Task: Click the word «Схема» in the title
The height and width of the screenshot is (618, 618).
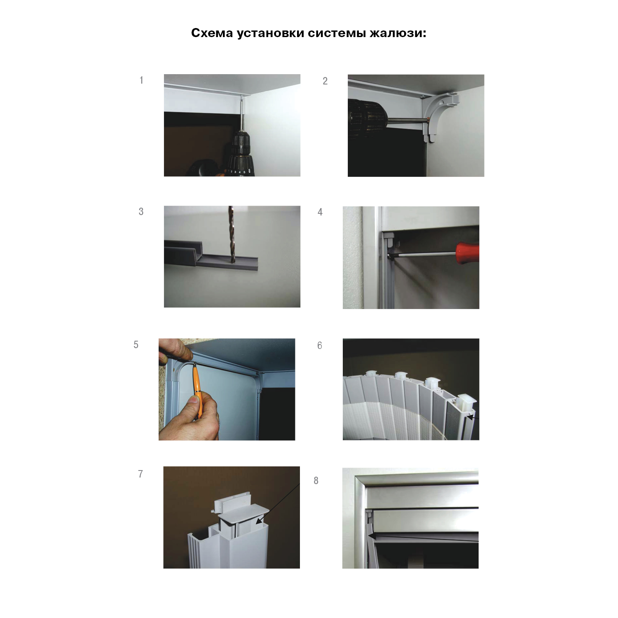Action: pos(212,33)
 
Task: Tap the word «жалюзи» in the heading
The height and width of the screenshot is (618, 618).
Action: pos(398,33)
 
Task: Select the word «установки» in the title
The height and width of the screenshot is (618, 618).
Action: pos(270,33)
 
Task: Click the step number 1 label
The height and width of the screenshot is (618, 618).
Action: pos(141,80)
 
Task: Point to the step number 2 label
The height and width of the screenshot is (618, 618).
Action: pos(325,81)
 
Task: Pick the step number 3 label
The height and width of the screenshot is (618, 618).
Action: pos(141,212)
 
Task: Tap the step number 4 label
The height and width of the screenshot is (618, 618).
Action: pos(320,212)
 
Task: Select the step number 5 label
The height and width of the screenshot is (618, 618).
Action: pos(136,345)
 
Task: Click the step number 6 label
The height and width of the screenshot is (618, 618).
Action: pos(320,346)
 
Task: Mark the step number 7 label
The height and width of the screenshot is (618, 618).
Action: pos(140,474)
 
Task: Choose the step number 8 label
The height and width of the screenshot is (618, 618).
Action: pos(316,481)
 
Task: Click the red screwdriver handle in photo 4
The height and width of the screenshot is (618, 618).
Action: pos(468,253)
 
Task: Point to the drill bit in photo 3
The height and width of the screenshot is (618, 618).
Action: pos(231,235)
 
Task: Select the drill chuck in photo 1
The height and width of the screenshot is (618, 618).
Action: pos(239,152)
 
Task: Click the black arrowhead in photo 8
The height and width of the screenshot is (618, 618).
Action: pos(372,536)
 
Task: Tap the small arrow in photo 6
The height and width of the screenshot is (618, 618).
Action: pos(472,417)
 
